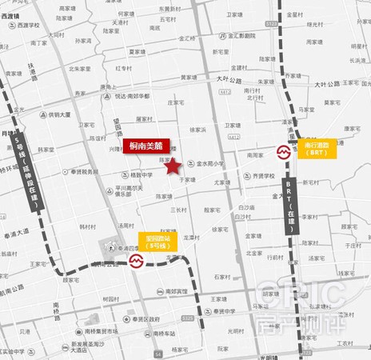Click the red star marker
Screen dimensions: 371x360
[171, 166]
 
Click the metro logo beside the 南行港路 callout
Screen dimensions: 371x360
[285, 150]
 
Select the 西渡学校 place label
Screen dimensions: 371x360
[30, 24]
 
